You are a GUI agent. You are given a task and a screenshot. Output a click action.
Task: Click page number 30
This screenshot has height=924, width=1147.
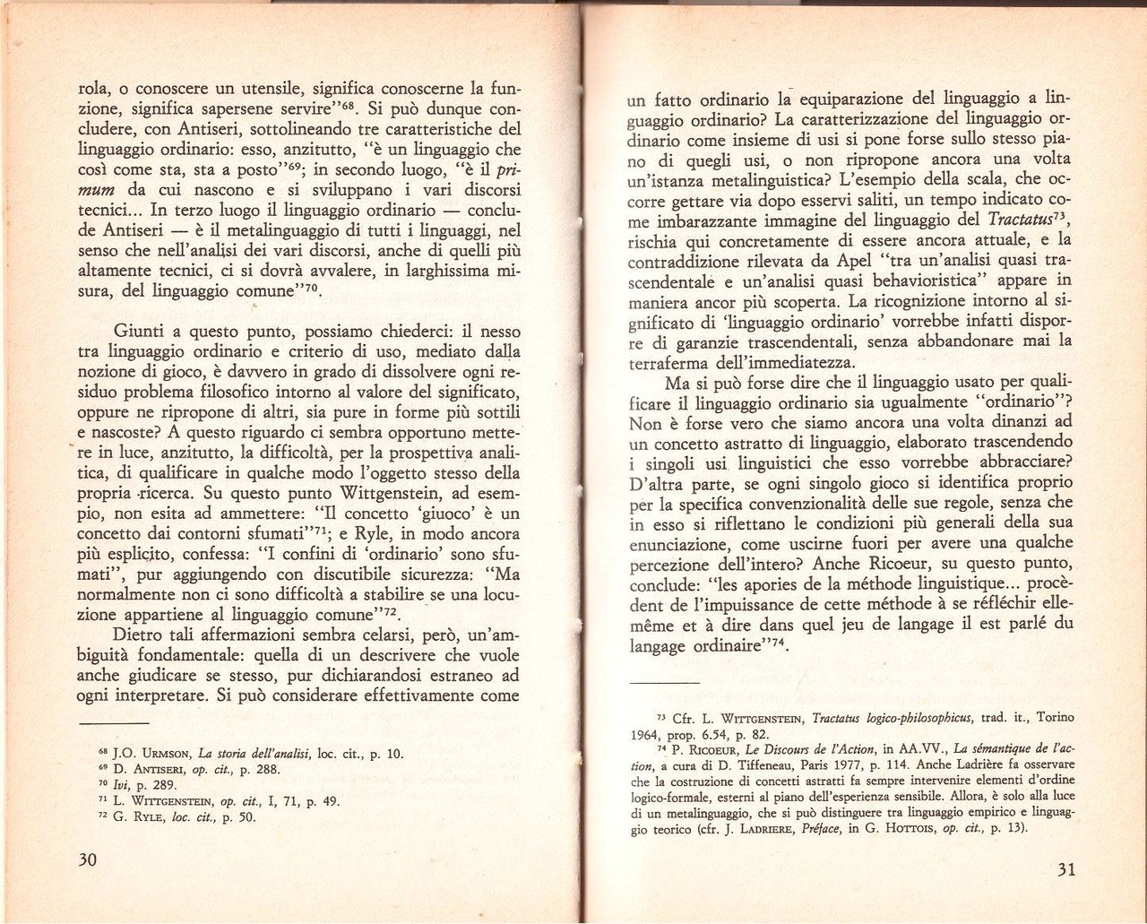click(x=87, y=859)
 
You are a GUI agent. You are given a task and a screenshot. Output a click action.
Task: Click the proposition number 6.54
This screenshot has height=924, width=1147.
click(x=712, y=733)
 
